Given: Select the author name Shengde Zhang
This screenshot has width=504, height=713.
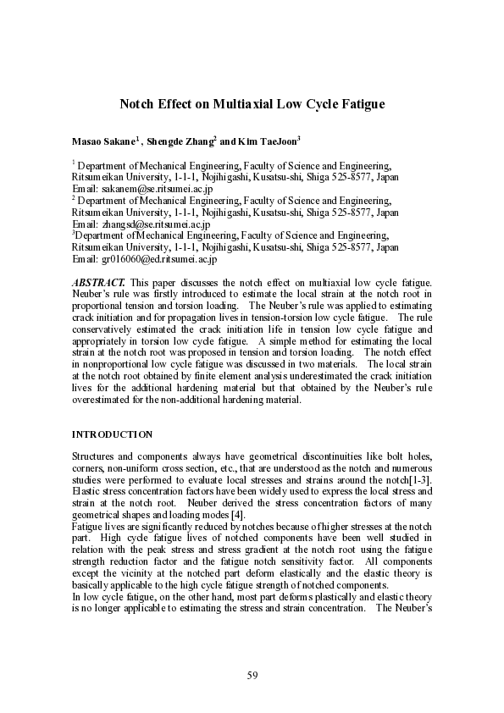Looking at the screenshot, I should tap(180, 141).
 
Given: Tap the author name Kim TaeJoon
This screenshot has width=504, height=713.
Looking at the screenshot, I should tap(266, 141).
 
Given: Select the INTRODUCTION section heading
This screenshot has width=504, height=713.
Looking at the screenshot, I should tap(112, 434).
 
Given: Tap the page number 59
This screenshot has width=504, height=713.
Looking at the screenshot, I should tap(252, 675).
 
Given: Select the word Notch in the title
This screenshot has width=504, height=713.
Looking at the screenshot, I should tap(136, 104).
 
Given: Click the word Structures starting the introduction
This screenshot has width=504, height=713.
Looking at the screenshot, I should tap(94, 457).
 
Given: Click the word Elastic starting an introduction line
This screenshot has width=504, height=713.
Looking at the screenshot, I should tap(86, 491).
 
